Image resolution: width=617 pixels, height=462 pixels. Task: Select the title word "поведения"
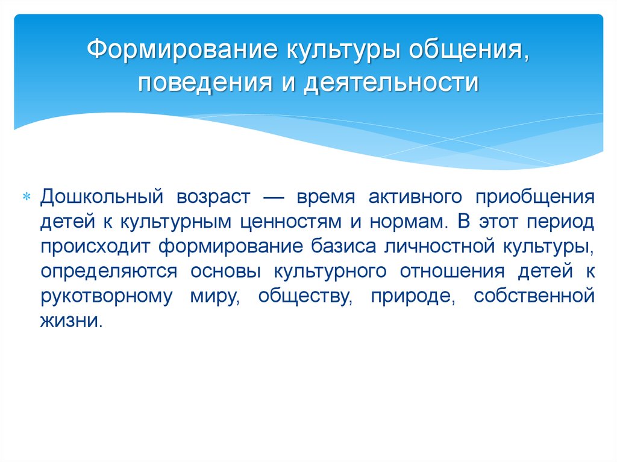pyautogui.click(x=205, y=83)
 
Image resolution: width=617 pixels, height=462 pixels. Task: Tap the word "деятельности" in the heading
pyautogui.click(x=391, y=83)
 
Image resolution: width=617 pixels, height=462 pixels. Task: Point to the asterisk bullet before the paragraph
pyautogui.click(x=27, y=196)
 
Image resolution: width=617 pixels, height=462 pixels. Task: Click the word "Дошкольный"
pyautogui.click(x=101, y=196)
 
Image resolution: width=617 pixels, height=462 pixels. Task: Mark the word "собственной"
pyautogui.click(x=534, y=296)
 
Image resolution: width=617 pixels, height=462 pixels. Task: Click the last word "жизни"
pyautogui.click(x=71, y=320)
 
